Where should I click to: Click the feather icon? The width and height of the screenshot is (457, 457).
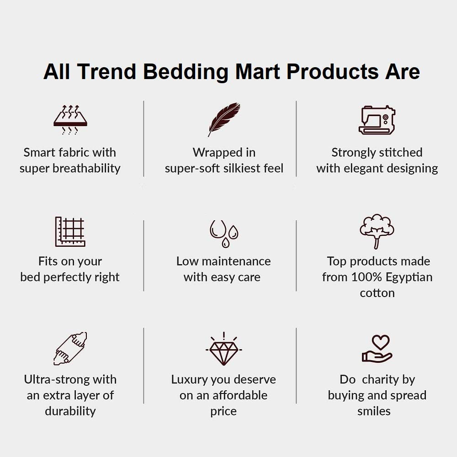[x=224, y=119]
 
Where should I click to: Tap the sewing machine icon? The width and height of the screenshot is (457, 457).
[x=377, y=120]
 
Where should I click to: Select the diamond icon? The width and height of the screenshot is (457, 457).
[x=223, y=350]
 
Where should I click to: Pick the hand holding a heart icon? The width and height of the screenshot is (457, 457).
[x=377, y=350]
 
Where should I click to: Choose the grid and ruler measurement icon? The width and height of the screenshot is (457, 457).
[x=70, y=232]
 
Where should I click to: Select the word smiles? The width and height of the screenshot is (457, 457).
[x=374, y=411]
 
